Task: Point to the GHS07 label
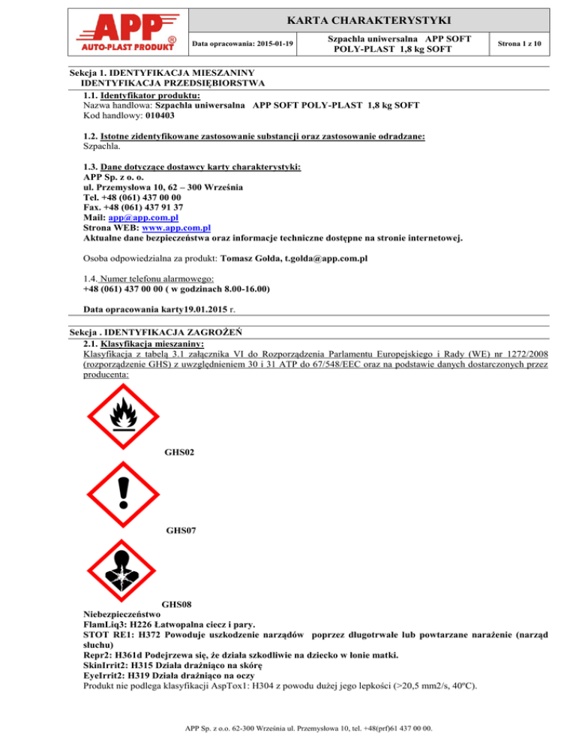point(182,531)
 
